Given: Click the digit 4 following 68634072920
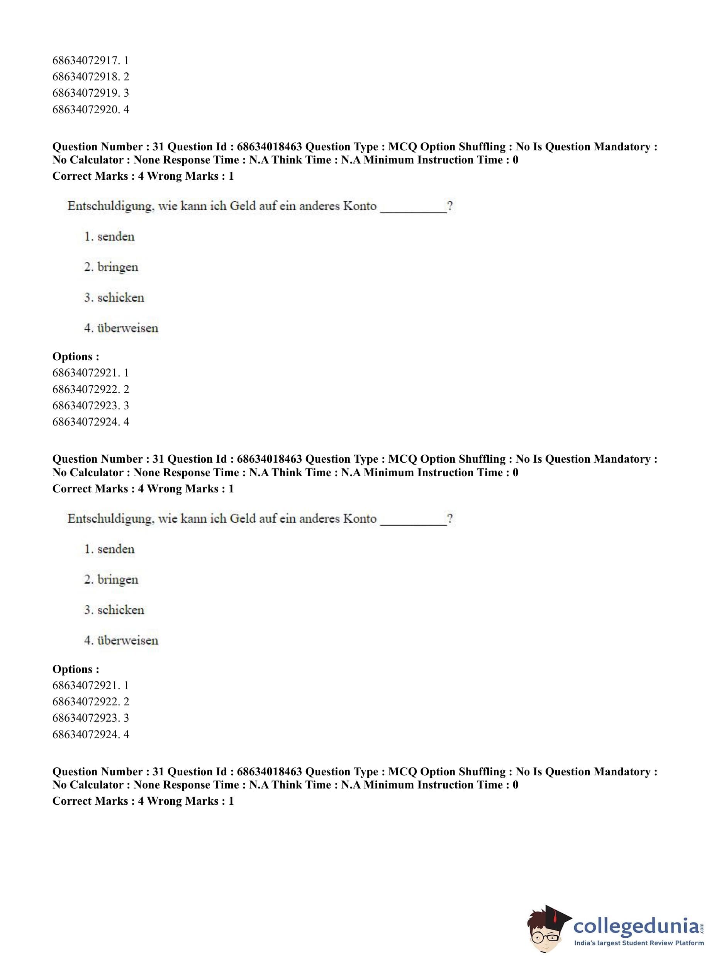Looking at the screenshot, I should tap(126, 109).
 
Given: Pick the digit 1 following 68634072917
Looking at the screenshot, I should tap(126, 61).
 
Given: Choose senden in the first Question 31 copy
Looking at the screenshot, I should tap(116, 237).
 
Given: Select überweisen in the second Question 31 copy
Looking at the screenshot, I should tap(127, 640).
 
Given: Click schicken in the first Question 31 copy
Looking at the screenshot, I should tap(120, 298).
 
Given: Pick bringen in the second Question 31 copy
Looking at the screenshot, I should tap(118, 580).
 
